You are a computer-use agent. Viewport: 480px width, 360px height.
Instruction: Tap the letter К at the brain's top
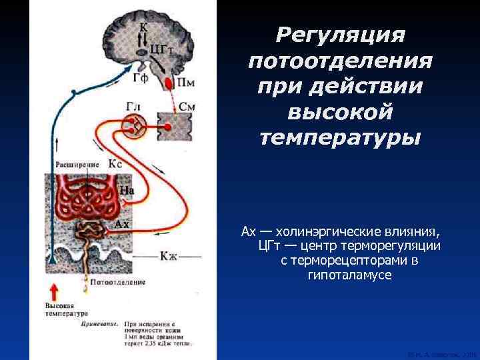[143, 27]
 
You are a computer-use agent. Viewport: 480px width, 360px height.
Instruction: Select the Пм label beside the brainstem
[187, 82]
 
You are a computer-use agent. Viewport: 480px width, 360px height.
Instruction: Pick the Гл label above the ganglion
[133, 107]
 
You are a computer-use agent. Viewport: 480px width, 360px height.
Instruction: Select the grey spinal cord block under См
[174, 126]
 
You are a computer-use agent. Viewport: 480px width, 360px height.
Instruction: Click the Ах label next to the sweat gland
[122, 224]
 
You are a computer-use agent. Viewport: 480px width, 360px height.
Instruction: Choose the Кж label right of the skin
[170, 255]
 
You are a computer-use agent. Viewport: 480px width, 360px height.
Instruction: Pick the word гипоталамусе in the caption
[341, 275]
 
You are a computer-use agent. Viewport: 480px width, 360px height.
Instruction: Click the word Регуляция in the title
[340, 34]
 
